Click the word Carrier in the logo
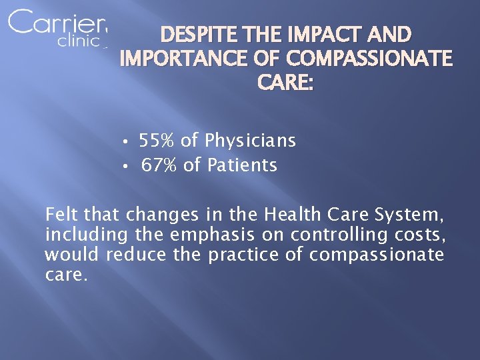click(57, 23)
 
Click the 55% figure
click(157, 141)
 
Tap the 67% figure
click(159, 165)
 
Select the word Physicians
click(251, 141)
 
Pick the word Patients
click(242, 165)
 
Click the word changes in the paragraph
click(162, 215)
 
